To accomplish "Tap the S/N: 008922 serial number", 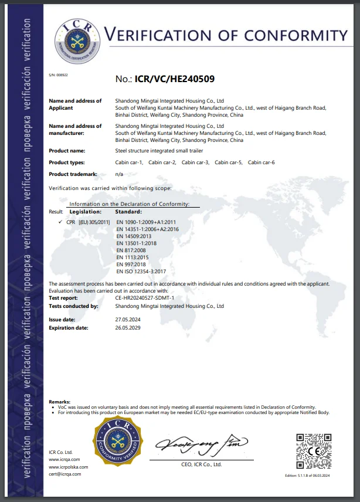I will coord(58,75).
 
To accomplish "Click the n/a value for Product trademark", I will coord(119,174).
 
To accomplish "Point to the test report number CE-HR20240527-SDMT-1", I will coord(145,298).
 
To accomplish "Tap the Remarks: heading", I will coord(60,402).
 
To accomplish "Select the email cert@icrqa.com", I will coord(65,473).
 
